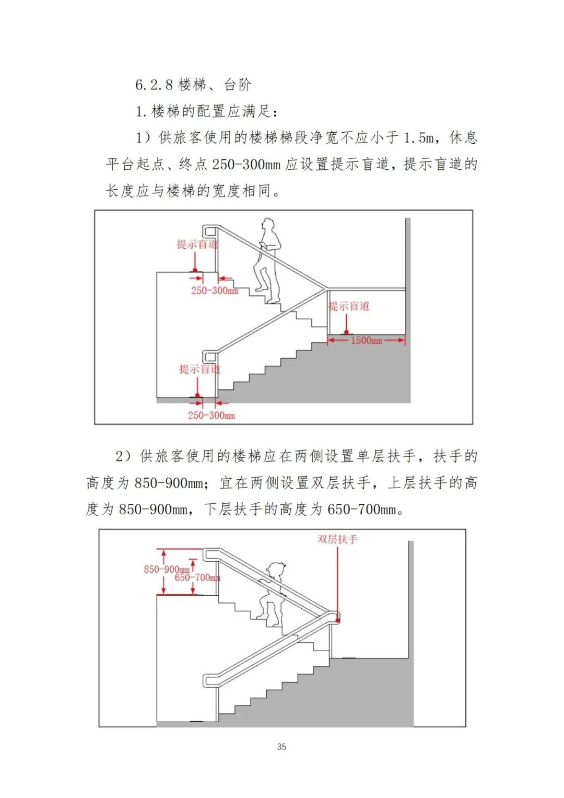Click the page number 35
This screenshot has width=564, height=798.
point(281,746)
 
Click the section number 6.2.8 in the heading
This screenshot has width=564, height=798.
point(154,85)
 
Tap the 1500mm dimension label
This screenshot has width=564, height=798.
point(366,341)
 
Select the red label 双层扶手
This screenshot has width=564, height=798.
point(337,539)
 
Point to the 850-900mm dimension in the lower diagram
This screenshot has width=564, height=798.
point(166,569)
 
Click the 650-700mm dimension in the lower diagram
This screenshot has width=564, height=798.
point(197,578)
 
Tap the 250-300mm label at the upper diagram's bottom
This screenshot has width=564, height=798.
point(211,416)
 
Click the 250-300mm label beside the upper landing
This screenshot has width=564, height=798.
point(214,291)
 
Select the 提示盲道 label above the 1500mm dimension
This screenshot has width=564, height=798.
point(349,306)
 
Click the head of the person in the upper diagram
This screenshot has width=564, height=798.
point(268,225)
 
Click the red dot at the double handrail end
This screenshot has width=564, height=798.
point(338,620)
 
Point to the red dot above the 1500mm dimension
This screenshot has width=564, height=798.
point(346,332)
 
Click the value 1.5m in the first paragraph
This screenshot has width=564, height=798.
point(419,138)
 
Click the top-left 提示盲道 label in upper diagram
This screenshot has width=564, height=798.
point(197,244)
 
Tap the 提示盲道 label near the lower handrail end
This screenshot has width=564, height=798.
point(199,369)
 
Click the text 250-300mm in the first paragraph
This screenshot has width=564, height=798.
point(246,165)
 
